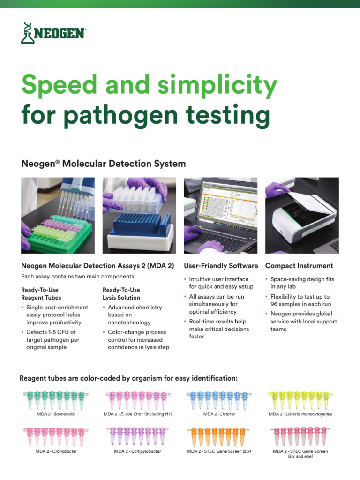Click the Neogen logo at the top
(53, 33)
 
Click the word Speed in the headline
(59, 86)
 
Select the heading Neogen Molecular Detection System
(103, 164)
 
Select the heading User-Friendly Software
(221, 266)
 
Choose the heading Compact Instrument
(299, 266)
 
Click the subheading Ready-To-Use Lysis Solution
(121, 294)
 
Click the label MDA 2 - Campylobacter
(137, 451)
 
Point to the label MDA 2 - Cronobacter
(56, 451)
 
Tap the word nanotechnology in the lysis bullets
(129, 322)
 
